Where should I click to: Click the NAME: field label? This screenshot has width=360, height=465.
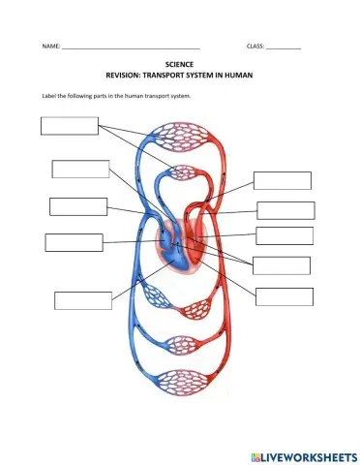[50, 46]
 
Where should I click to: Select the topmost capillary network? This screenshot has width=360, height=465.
[180, 137]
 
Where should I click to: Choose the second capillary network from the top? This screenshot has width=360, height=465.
[180, 174]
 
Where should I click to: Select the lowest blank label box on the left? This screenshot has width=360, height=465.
[83, 299]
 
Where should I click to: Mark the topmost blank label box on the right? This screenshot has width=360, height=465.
[282, 180]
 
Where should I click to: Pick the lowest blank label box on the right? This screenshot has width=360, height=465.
[284, 295]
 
